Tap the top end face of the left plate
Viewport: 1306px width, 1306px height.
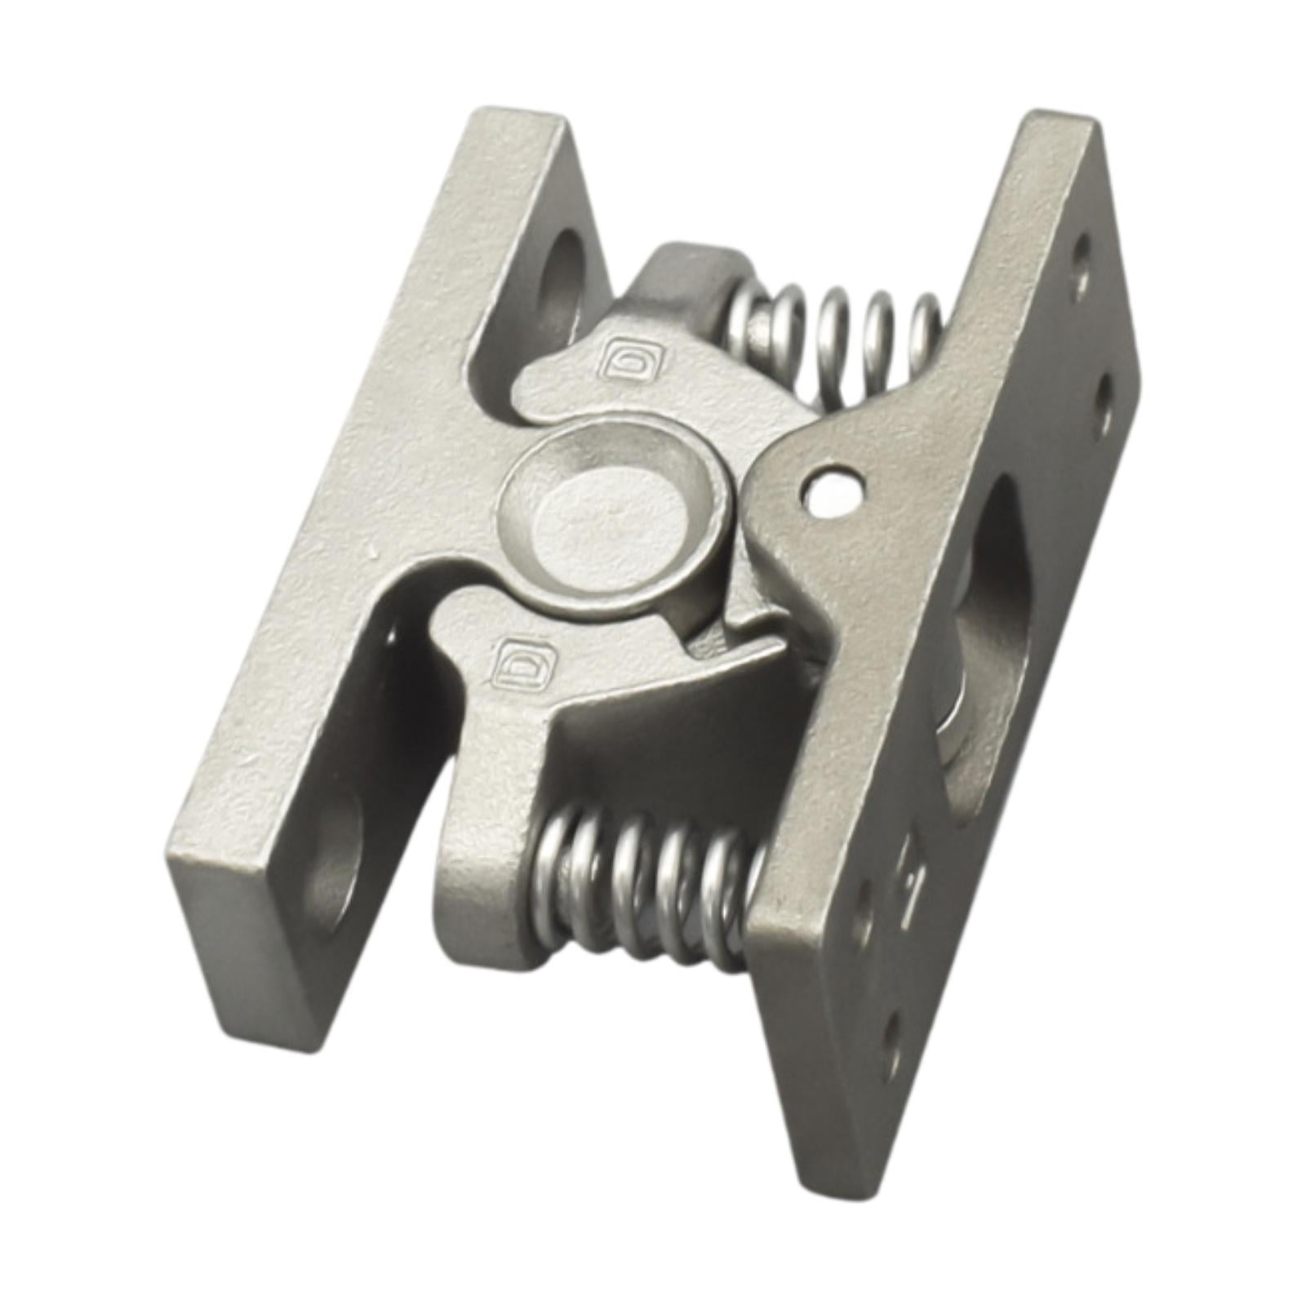point(514,131)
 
